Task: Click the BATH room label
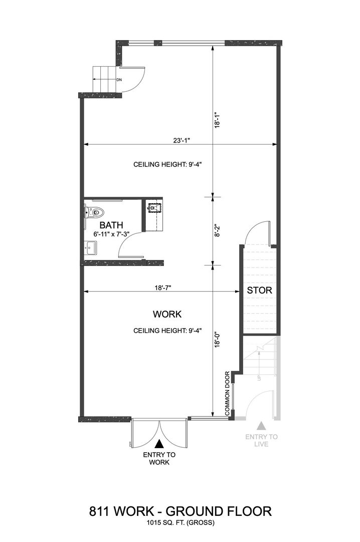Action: click(111, 225)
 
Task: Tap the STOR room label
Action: click(259, 291)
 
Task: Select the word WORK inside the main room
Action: click(167, 314)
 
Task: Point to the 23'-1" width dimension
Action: click(182, 141)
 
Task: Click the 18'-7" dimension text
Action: click(163, 287)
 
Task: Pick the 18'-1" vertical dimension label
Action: click(217, 119)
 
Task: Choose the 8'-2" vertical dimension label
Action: click(217, 230)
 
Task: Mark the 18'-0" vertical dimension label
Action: click(217, 340)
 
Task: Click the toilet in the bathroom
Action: click(94, 211)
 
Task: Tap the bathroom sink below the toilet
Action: click(91, 248)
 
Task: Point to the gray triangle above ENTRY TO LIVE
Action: click(262, 426)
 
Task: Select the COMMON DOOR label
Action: click(227, 393)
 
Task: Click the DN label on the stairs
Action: click(119, 80)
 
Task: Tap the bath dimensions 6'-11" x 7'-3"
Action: click(111, 234)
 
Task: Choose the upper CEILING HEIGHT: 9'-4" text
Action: click(167, 165)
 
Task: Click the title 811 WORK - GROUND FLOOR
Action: click(181, 511)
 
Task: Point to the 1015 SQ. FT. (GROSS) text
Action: click(181, 522)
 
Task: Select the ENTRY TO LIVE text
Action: click(262, 441)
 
